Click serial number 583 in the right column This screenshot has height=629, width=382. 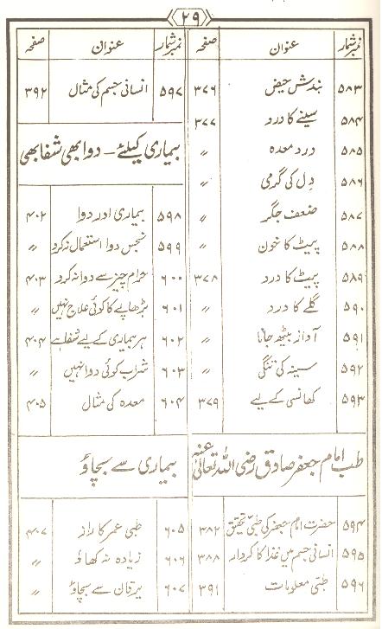coord(359,88)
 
